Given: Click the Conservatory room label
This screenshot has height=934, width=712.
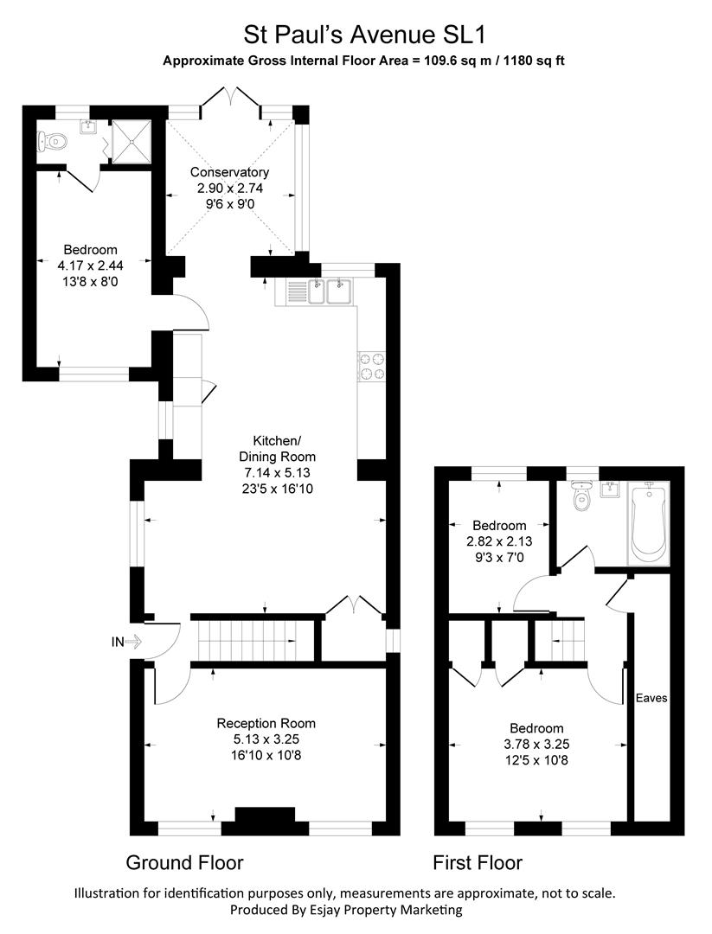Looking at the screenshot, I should click(x=229, y=172).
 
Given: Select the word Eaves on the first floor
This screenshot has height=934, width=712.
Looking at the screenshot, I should click(x=651, y=698).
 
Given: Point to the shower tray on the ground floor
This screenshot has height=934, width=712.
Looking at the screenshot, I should click(x=133, y=138).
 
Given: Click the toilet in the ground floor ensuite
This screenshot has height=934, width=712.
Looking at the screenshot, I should click(x=54, y=140).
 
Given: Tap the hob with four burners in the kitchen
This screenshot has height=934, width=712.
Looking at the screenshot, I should click(x=371, y=366).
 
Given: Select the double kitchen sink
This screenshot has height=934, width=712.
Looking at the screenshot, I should click(x=327, y=291).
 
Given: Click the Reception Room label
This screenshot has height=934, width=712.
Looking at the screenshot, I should click(x=266, y=723).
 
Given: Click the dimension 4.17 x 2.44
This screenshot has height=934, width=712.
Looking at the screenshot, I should click(x=78, y=265).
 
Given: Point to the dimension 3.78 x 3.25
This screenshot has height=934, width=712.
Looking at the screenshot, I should click(x=536, y=744).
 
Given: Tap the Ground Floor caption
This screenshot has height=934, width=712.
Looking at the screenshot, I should click(x=184, y=862).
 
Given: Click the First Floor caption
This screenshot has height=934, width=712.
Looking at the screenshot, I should click(x=478, y=862).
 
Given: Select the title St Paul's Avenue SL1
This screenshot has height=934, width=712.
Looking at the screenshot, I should click(x=364, y=35).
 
